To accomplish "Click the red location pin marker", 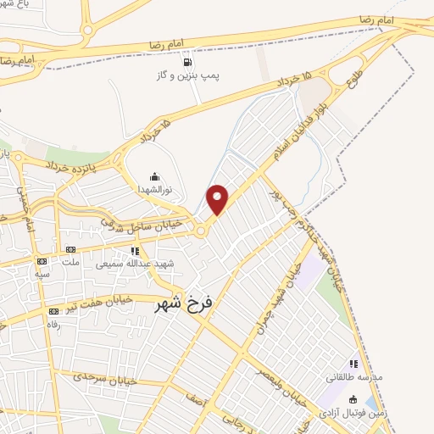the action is (218, 198).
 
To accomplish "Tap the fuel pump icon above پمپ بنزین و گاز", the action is (186, 62).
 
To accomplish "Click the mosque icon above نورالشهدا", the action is (154, 176).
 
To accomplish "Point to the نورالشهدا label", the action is (155, 190).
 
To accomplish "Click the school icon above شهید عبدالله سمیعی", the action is (135, 251).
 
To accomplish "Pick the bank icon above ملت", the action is (70, 249).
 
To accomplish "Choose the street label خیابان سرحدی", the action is (100, 376).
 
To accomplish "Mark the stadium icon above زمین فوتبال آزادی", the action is (353, 399).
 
